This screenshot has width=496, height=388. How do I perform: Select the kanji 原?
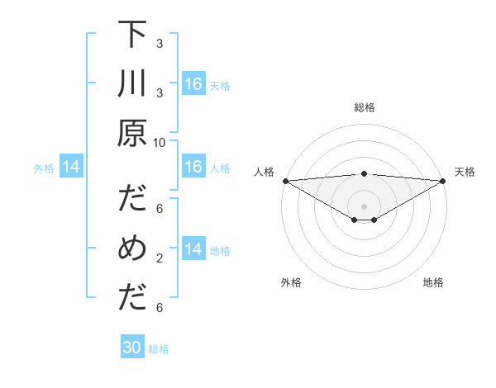click(x=132, y=133)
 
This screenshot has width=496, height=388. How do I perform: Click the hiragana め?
click(x=132, y=248)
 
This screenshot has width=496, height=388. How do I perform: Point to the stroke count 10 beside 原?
click(x=160, y=142)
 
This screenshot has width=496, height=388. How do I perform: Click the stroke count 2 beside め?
click(x=160, y=258)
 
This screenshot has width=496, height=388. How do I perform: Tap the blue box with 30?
click(x=132, y=348)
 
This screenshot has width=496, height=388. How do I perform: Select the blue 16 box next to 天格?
click(x=193, y=84)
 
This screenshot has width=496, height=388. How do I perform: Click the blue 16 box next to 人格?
click(x=193, y=168)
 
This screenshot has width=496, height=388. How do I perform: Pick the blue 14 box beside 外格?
click(x=71, y=168)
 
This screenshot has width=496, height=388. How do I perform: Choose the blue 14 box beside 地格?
click(x=193, y=250)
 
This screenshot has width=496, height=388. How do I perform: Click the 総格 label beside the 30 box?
click(x=159, y=349)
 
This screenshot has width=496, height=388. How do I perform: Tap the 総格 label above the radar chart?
click(x=364, y=107)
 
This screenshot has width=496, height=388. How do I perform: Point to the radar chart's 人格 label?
click(x=264, y=172)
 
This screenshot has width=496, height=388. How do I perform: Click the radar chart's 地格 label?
click(x=433, y=282)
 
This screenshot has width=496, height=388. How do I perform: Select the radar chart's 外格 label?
click(x=291, y=282)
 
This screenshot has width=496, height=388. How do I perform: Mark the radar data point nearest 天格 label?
click(x=442, y=181)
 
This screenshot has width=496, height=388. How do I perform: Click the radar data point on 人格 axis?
click(x=285, y=181)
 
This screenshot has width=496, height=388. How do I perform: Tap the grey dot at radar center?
click(x=364, y=206)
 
